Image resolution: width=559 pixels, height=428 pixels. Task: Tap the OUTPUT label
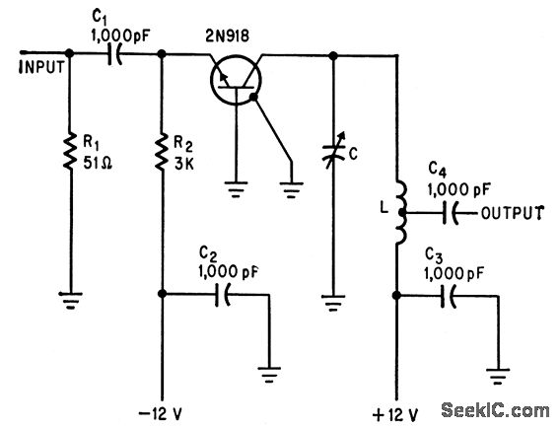512,213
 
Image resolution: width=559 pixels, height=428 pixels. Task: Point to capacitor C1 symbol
114,56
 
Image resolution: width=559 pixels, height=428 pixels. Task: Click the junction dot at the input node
70,56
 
